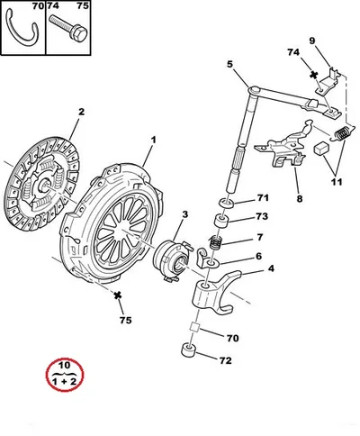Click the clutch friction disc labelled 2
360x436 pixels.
click(x=42, y=183)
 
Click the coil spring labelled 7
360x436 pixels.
click(x=215, y=242)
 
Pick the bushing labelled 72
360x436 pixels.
click(x=189, y=350)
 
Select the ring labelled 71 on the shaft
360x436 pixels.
click(x=226, y=204)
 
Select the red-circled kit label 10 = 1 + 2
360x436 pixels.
click(x=65, y=374)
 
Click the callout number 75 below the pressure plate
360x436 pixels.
click(x=126, y=321)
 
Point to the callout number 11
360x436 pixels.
click(x=337, y=182)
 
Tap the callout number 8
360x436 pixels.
click(x=300, y=198)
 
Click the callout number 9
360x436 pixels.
click(x=312, y=41)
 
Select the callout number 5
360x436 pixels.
click(x=229, y=64)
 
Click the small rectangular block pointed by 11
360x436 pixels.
click(x=320, y=148)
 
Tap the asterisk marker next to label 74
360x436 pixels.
click(x=314, y=75)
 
